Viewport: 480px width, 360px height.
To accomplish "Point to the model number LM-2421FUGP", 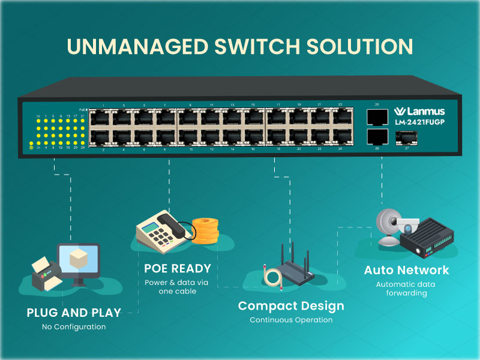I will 423,122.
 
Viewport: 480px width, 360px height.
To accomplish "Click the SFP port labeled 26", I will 377,136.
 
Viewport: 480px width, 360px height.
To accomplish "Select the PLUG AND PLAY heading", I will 74,313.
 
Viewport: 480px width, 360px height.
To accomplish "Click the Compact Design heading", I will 291,306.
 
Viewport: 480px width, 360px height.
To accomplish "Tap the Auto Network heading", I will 406,270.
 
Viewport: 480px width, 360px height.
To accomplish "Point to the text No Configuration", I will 74,327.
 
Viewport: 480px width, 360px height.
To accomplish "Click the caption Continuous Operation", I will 291,320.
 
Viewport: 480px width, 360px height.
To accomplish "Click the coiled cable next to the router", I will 272,276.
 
